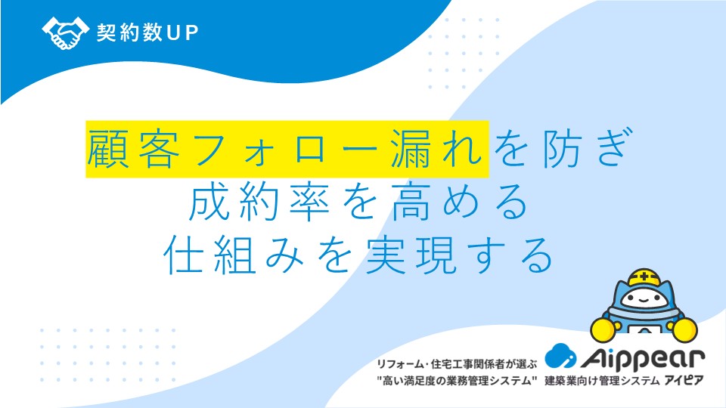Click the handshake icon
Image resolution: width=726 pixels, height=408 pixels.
(65, 32)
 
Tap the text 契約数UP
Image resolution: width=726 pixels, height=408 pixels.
(147, 32)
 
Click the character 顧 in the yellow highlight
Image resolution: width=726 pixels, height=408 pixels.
(107, 149)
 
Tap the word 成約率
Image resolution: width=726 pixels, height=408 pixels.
(259, 202)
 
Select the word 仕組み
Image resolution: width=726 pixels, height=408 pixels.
(234, 255)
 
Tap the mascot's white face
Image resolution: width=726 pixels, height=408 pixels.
(644, 299)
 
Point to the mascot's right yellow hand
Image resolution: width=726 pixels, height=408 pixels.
(685, 330)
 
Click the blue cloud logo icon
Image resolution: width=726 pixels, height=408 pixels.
(560, 356)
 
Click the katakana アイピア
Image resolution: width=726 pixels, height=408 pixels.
(684, 380)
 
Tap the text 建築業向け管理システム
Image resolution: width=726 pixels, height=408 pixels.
(602, 381)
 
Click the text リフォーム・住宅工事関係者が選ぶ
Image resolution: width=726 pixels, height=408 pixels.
(457, 364)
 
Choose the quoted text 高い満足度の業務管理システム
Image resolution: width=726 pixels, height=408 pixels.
(457, 381)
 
